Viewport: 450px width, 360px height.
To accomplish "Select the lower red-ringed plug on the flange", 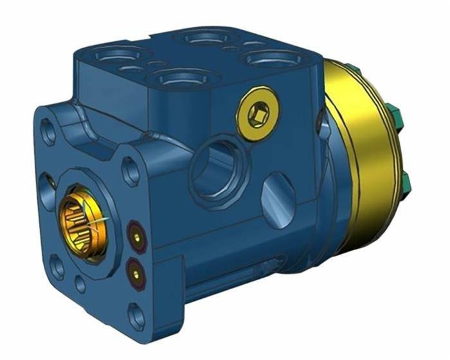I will point(136,273).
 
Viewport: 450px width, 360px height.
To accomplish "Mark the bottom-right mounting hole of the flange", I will point(137,317).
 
